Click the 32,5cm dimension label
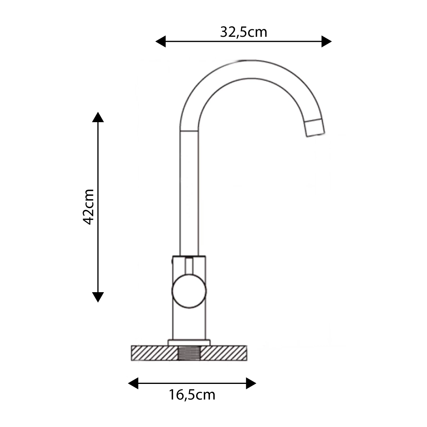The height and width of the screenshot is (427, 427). click(x=244, y=32)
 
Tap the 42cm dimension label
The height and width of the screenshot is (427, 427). click(x=89, y=207)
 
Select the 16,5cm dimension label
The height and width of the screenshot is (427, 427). click(x=192, y=395)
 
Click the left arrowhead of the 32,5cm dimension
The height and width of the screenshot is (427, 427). click(x=161, y=42)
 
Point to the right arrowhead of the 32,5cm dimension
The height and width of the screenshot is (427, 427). click(x=327, y=42)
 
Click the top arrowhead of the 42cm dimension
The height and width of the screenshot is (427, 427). click(x=98, y=117)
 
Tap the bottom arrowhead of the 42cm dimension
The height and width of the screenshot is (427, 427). click(x=98, y=297)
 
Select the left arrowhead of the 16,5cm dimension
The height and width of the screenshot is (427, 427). click(x=133, y=383)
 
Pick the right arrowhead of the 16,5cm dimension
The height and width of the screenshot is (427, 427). click(x=251, y=383)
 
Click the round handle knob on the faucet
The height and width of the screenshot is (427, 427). click(x=189, y=291)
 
